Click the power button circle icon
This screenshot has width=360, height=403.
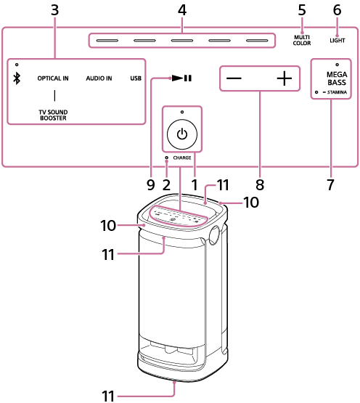[181, 134]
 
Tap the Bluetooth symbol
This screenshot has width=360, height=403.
[17, 78]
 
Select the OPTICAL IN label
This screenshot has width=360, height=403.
[53, 77]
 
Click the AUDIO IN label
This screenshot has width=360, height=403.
[99, 77]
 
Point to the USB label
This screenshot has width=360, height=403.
[136, 77]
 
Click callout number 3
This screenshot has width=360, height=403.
[54, 10]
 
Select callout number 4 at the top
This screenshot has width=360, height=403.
[181, 10]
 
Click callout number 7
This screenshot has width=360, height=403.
[330, 184]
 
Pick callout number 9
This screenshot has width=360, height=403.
[151, 184]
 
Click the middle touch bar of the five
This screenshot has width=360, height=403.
[182, 39]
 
